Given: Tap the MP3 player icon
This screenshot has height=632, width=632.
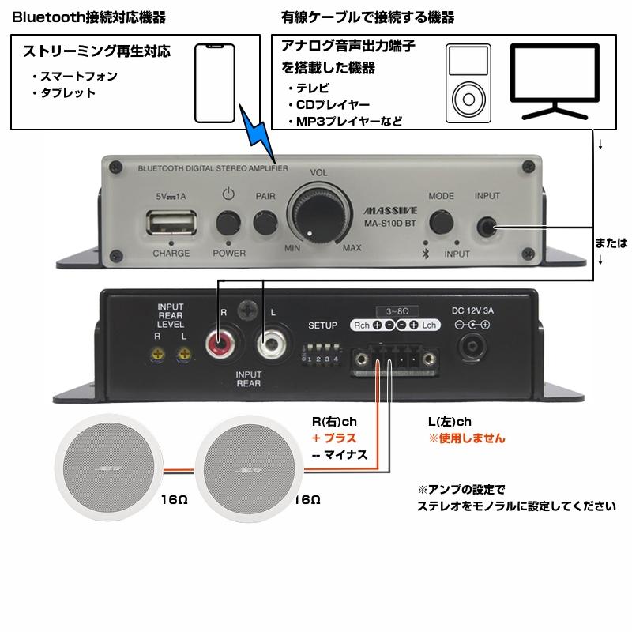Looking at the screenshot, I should (468, 84).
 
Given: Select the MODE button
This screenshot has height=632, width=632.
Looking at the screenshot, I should (442, 224).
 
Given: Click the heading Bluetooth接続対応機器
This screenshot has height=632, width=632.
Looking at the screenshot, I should (88, 17).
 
